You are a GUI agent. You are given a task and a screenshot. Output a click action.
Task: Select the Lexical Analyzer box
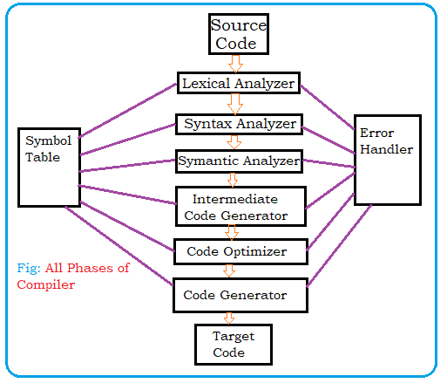click(238, 84)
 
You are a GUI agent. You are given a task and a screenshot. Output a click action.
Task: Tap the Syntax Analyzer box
click(239, 124)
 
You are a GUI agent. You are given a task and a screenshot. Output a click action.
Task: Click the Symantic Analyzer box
click(239, 161)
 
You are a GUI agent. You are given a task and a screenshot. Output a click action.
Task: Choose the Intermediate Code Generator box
click(241, 205)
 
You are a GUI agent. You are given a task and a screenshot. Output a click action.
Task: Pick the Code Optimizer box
click(241, 252)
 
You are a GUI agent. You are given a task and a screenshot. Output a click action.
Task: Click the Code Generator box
click(241, 296)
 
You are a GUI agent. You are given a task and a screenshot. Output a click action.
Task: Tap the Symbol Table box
click(49, 167)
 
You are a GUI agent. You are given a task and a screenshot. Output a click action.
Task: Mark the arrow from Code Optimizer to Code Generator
click(233, 271)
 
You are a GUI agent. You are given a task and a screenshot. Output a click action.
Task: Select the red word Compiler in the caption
click(45, 284)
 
